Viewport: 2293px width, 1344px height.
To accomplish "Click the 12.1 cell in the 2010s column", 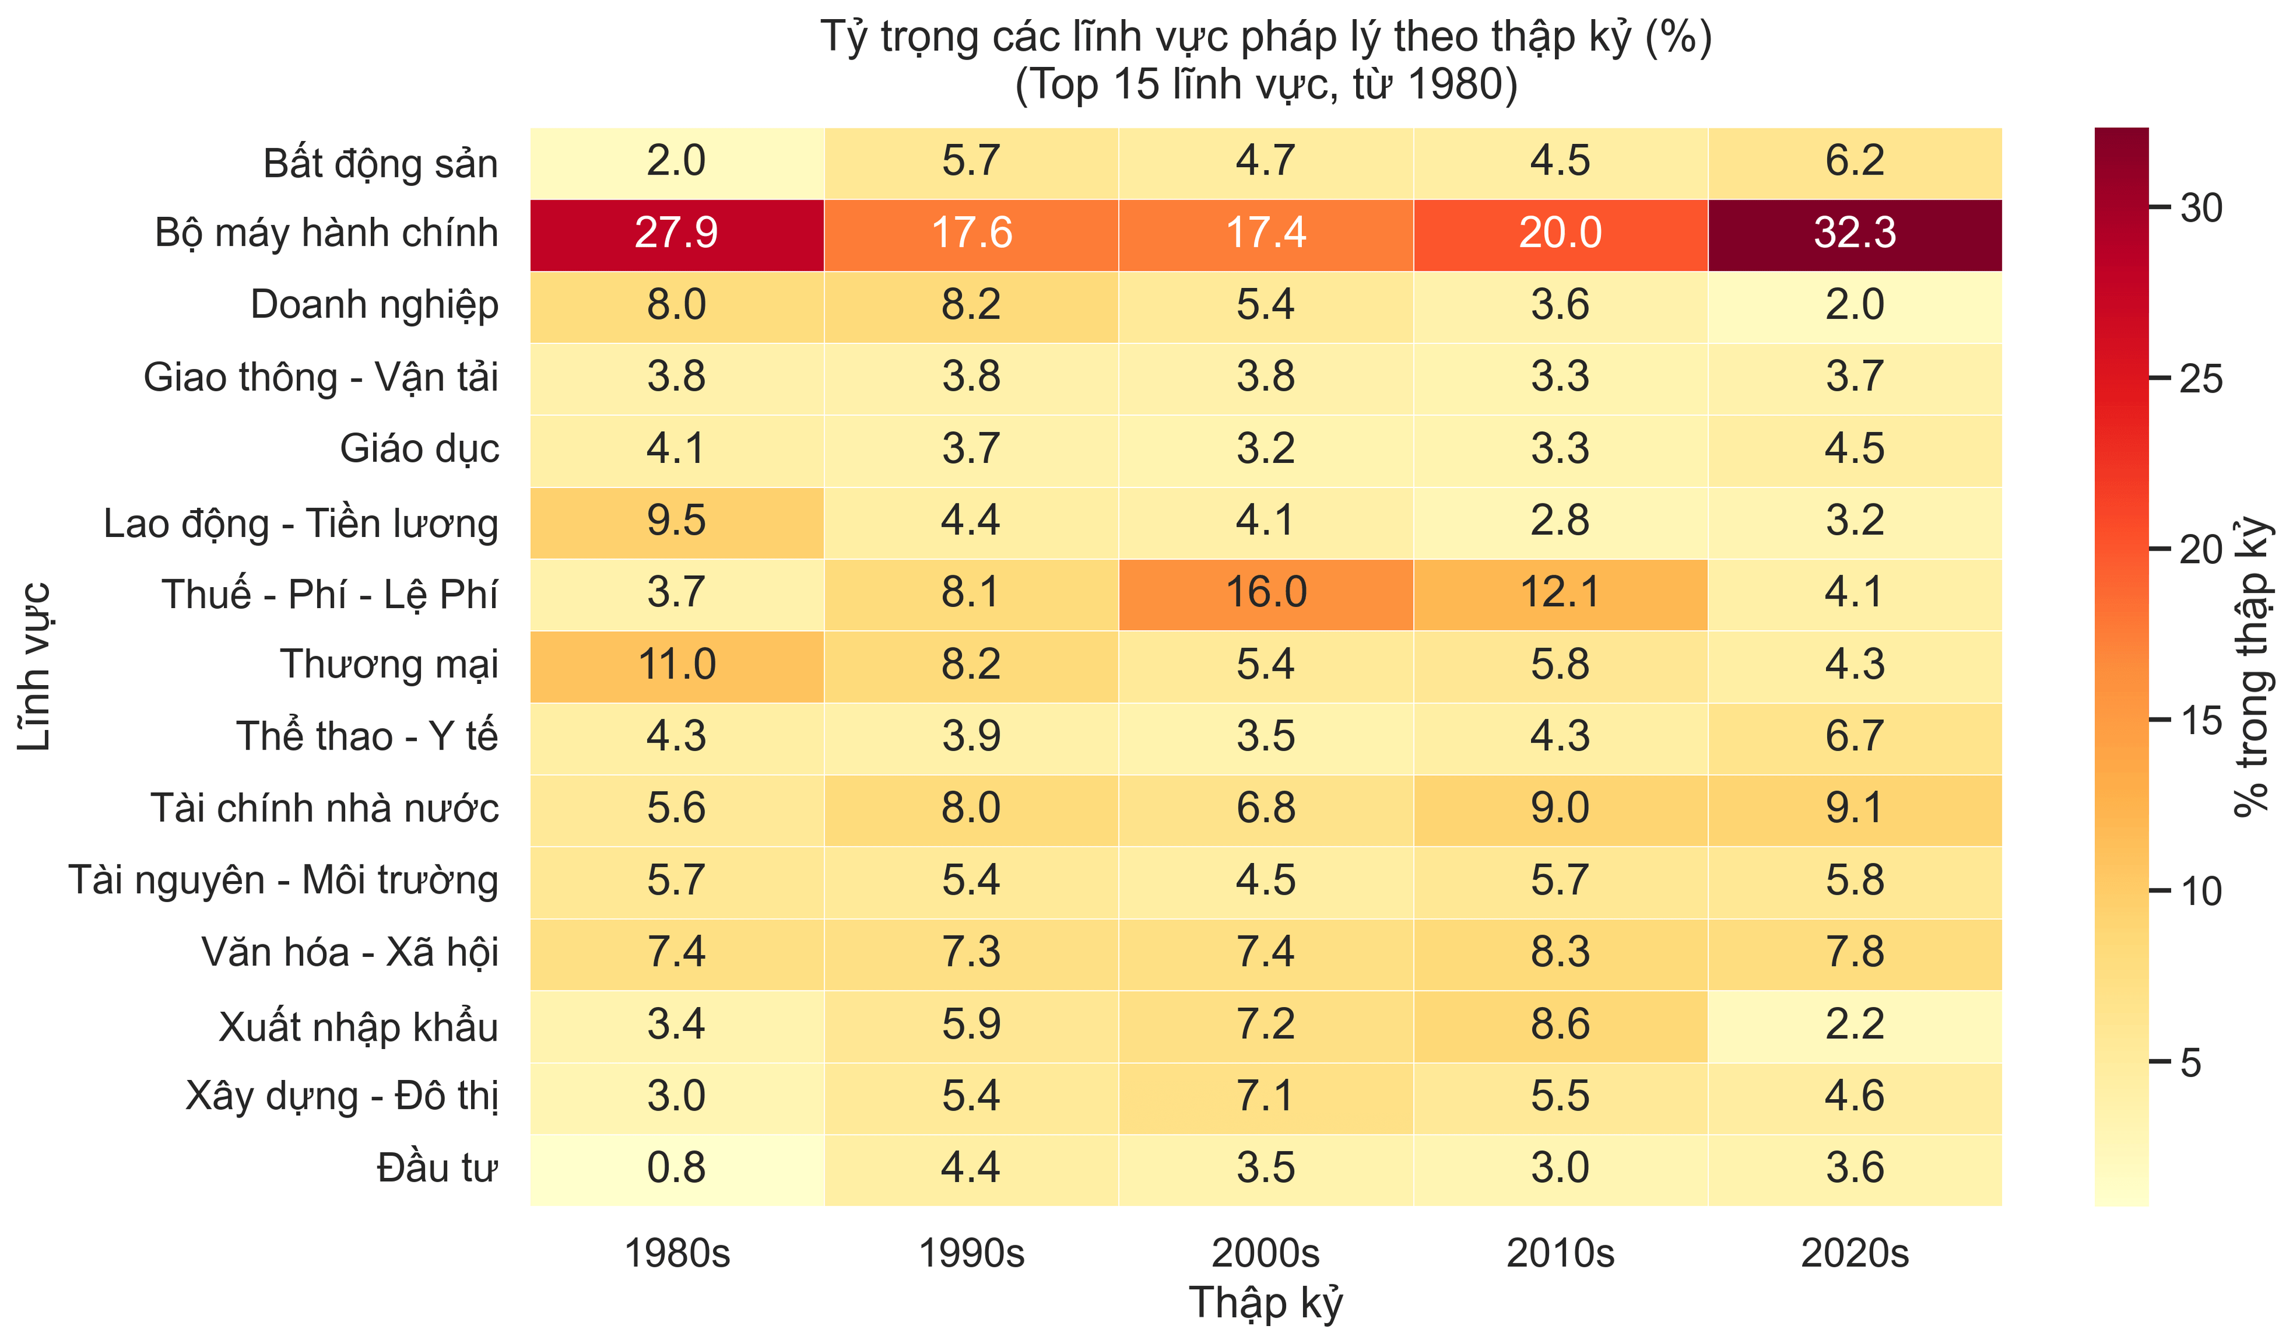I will pyautogui.click(x=1560, y=593).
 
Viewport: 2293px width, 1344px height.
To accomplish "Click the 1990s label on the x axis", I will pyautogui.click(x=971, y=1253).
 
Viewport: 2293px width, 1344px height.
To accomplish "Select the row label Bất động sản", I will pyautogui.click(x=380, y=164).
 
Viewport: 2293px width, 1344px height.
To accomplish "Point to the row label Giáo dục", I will pyautogui.click(x=419, y=449).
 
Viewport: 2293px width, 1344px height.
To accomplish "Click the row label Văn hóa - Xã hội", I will pyautogui.click(x=351, y=952).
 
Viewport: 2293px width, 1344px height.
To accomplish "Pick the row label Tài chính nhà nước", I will pyautogui.click(x=325, y=808).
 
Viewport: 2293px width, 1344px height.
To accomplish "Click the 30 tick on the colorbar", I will pyautogui.click(x=2200, y=208).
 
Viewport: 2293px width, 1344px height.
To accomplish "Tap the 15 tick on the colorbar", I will pyautogui.click(x=2200, y=720).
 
